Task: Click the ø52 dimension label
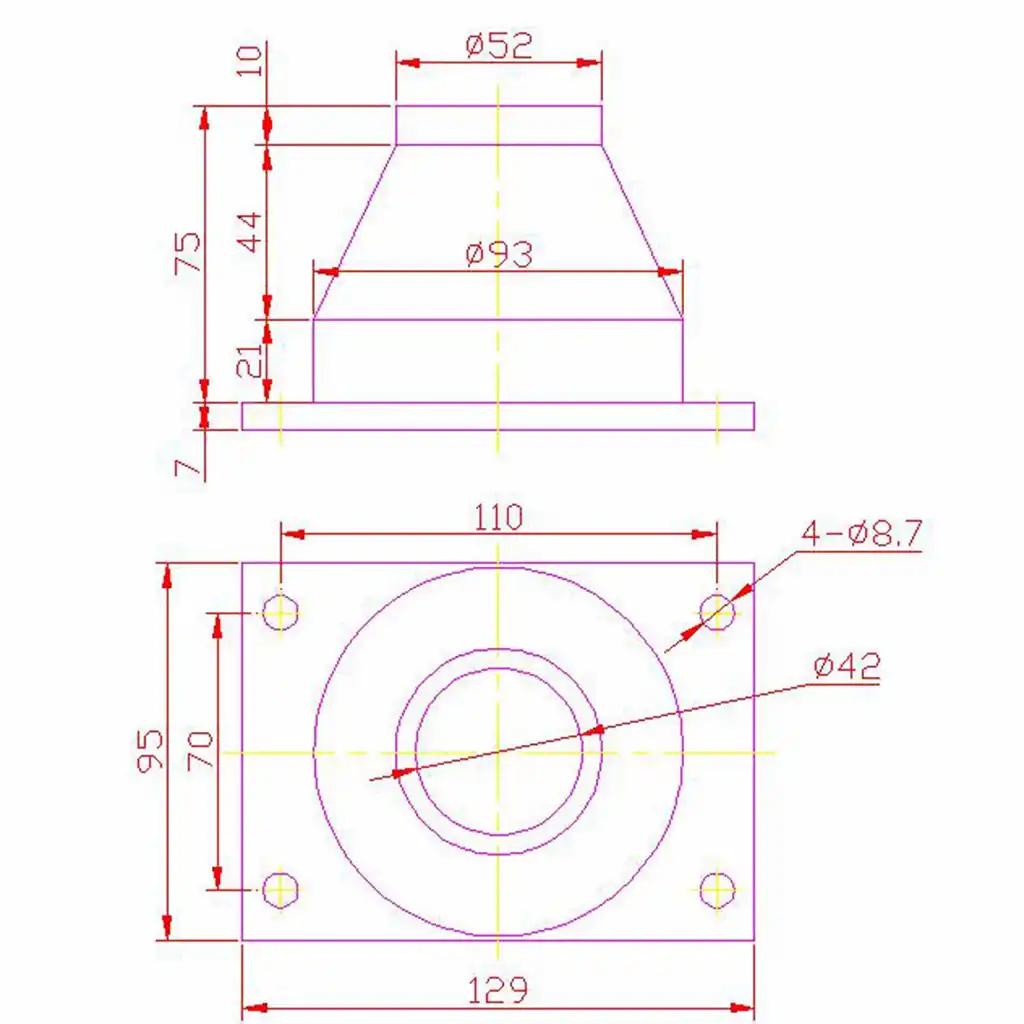click(500, 46)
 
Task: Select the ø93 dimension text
click(500, 254)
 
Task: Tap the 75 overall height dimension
click(187, 252)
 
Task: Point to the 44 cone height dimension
click(249, 232)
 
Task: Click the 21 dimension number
click(249, 360)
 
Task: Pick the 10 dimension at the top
click(249, 60)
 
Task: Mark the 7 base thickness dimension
click(187, 467)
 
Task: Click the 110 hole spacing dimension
click(498, 517)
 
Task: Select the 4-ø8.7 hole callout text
click(862, 533)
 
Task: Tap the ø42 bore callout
click(847, 666)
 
